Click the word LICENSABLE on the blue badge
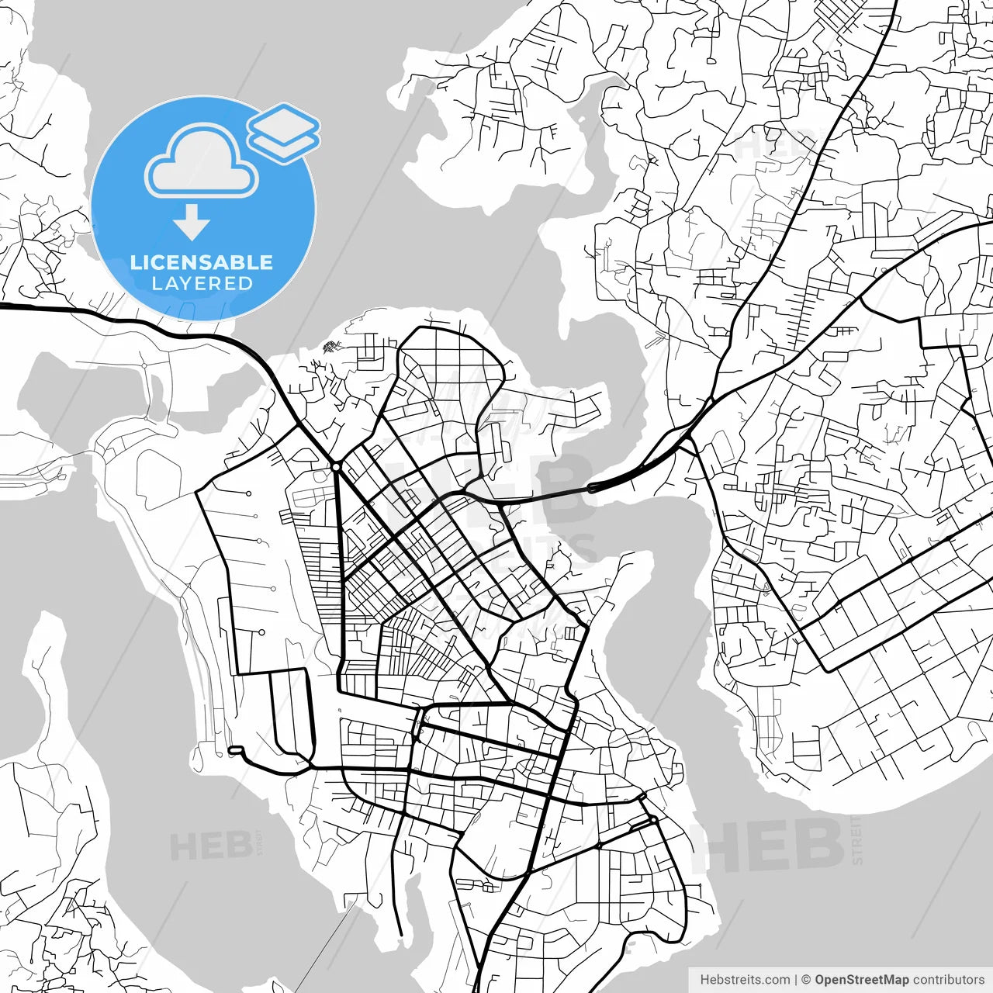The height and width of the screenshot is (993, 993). click(x=202, y=262)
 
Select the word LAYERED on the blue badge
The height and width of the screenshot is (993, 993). click(x=202, y=284)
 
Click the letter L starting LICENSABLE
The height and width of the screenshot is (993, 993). click(x=136, y=262)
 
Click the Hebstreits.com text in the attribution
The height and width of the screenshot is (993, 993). click(x=745, y=980)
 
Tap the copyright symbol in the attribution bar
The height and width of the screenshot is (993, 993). click(x=806, y=980)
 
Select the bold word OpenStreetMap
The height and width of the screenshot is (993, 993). click(x=861, y=980)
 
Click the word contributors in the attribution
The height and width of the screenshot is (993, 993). click(x=948, y=980)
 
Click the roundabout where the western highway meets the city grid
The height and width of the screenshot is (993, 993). click(x=336, y=467)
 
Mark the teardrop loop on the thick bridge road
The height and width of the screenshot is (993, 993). click(x=593, y=488)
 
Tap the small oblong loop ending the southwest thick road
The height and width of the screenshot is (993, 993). click(x=235, y=750)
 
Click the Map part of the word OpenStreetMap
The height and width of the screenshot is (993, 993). click(x=896, y=980)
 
